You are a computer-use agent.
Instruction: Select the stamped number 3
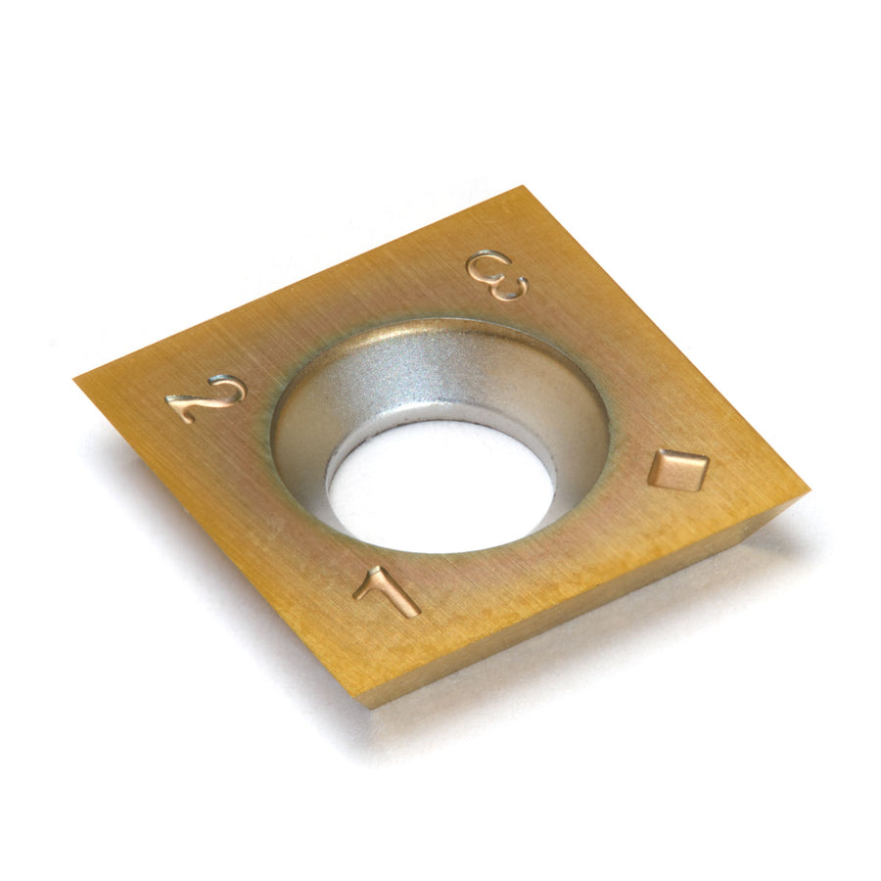pyautogui.click(x=498, y=275)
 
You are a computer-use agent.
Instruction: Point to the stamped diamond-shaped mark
pyautogui.click(x=678, y=470)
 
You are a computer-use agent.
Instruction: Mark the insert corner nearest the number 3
pyautogui.click(x=523, y=187)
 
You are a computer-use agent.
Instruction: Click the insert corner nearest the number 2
pyautogui.click(x=75, y=381)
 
